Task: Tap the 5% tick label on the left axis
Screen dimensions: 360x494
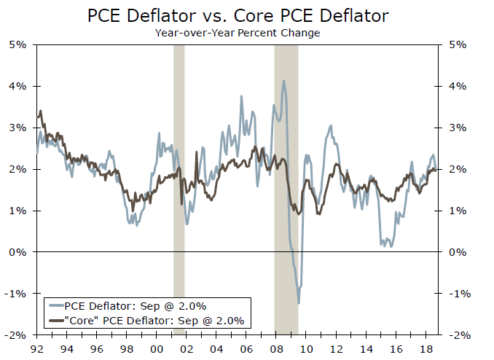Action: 17,44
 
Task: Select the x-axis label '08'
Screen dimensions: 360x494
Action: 276,348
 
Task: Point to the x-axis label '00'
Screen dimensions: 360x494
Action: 157,348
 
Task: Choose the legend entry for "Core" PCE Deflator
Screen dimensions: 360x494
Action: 146,320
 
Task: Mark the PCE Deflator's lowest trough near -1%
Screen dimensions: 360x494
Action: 299,302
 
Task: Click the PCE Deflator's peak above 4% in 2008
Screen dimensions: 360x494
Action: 283,81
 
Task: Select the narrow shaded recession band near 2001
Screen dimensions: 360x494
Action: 179,189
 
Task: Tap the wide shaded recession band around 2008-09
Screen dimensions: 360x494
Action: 286,189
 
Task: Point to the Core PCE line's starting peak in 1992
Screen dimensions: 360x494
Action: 41,111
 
